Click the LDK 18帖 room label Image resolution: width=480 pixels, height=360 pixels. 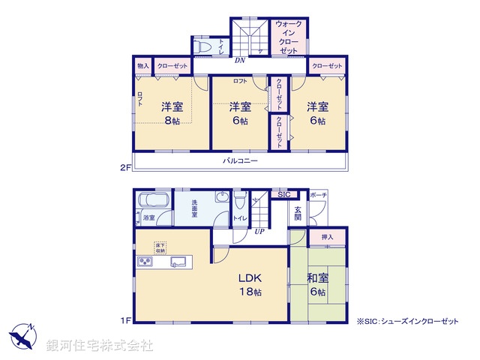[250, 283]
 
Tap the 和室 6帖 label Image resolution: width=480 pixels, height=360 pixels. [317, 284]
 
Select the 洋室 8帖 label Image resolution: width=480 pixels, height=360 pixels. [171, 112]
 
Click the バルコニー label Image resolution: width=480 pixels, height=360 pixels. [239, 161]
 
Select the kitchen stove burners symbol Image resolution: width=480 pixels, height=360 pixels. [144, 262]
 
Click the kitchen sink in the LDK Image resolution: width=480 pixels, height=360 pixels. [179, 262]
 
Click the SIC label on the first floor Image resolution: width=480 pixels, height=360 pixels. [283, 195]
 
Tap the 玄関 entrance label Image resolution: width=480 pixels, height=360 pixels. [298, 213]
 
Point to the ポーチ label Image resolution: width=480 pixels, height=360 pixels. [318, 195]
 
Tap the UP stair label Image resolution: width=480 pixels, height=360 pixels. [260, 230]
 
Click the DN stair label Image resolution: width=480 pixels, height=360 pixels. [240, 60]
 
